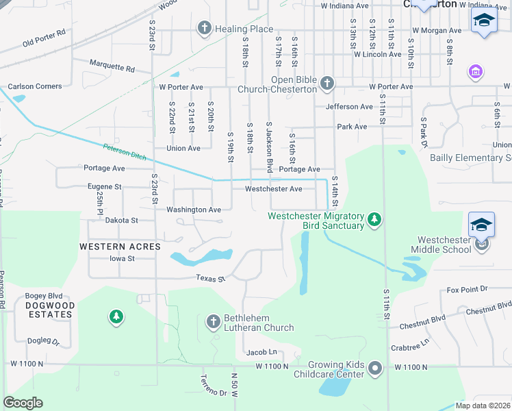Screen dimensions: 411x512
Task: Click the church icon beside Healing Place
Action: click(203, 29)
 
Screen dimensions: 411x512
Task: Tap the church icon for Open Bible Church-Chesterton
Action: click(327, 84)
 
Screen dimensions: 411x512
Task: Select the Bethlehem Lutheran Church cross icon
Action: click(213, 321)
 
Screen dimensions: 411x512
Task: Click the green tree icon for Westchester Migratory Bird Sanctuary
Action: click(374, 219)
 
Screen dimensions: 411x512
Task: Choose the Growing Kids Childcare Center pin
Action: click(374, 369)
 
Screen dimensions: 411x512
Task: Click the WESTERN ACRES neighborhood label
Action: click(120, 246)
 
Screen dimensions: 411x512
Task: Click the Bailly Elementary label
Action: click(470, 158)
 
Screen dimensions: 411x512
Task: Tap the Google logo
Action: click(23, 403)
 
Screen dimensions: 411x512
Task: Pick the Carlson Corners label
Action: click(34, 86)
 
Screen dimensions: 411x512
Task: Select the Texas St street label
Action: click(210, 279)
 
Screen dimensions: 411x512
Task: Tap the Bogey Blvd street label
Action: click(44, 296)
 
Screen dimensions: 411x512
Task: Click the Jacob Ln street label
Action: click(261, 352)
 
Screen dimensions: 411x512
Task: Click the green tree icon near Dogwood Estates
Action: click(116, 316)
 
